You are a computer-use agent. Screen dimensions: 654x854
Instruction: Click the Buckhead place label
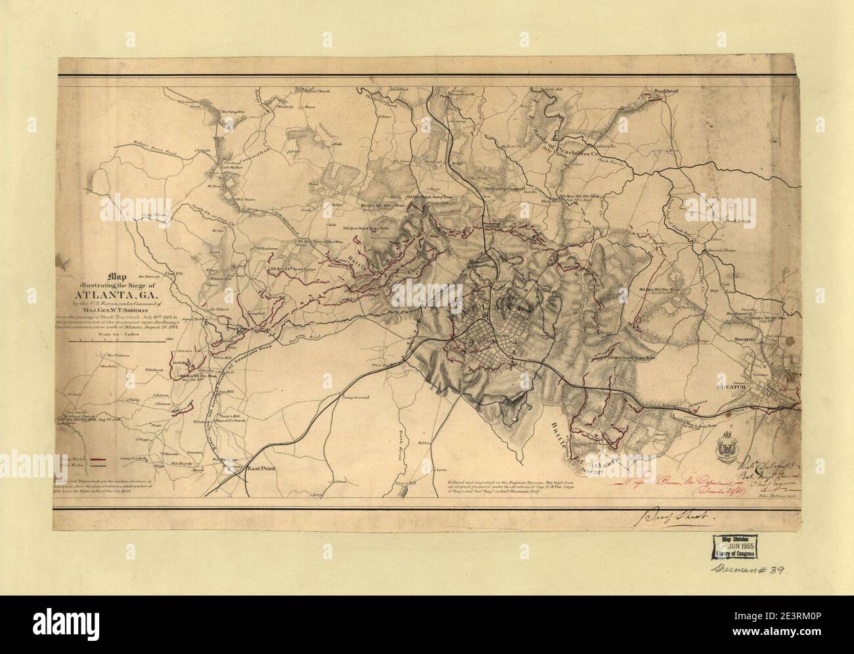(x=664, y=92)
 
